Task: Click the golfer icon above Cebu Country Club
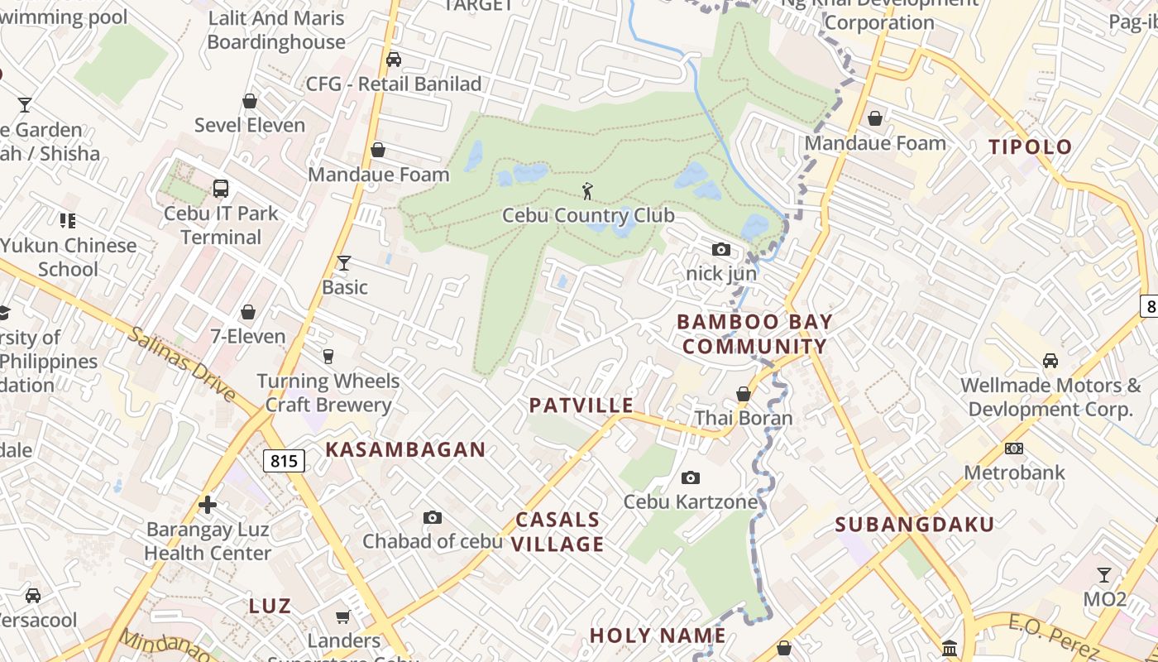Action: coord(588,191)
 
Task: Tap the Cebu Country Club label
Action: coord(588,216)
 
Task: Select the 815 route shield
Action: coord(284,461)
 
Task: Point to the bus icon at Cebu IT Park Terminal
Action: coord(221,189)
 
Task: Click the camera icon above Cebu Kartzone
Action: coord(690,477)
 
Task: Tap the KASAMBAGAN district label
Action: coord(405,449)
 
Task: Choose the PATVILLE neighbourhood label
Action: coord(581,405)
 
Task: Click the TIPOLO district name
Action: coord(1031,147)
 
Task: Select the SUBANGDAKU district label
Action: coord(914,524)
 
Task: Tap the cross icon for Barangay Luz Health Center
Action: coord(208,504)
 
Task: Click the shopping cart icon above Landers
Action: coord(343,616)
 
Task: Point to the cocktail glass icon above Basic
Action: coord(344,263)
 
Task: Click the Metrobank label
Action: coord(1014,473)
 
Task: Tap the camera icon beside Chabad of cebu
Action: coord(432,518)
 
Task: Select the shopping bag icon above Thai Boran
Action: coord(744,394)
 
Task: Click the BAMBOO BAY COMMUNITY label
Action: coord(754,333)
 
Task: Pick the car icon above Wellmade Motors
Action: coord(1050,361)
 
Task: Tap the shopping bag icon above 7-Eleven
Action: coord(248,313)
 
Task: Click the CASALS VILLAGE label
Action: coord(559,531)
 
